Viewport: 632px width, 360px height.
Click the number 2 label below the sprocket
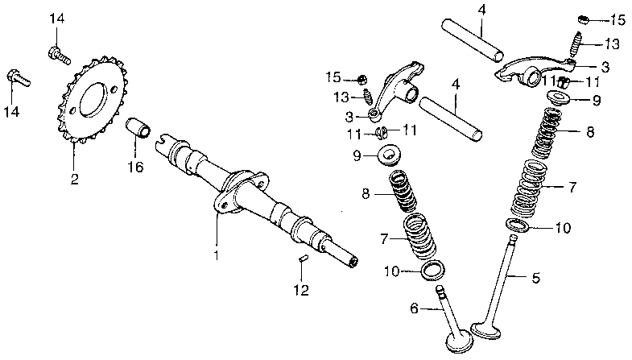pyautogui.click(x=74, y=179)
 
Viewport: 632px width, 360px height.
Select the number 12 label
pyautogui.click(x=300, y=291)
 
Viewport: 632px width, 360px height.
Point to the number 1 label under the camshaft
pyautogui.click(x=216, y=255)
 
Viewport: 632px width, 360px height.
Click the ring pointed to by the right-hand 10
pyautogui.click(x=518, y=224)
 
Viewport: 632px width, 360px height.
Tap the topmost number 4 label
pyautogui.click(x=481, y=10)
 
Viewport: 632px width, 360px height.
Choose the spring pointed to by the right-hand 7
pyautogui.click(x=528, y=187)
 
